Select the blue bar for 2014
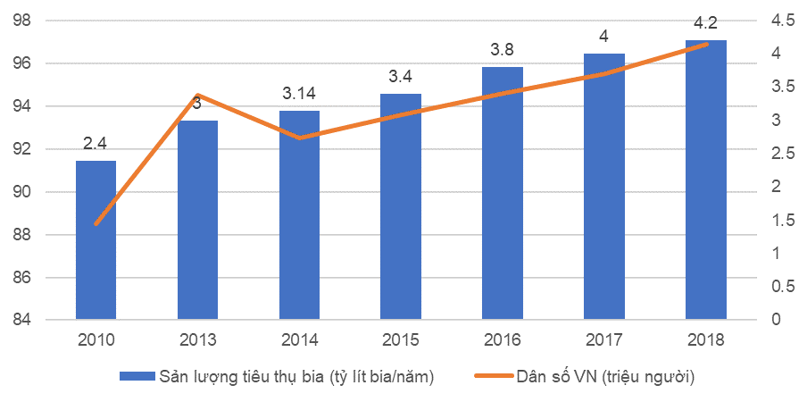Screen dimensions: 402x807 click(x=299, y=214)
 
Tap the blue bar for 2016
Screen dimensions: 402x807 click(x=503, y=193)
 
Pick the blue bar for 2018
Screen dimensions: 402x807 click(x=705, y=180)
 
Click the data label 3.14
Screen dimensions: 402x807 click(x=299, y=93)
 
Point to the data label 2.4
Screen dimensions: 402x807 click(x=96, y=143)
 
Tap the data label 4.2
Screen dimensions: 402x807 click(x=705, y=22)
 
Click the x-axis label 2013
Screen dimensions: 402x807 click(x=197, y=340)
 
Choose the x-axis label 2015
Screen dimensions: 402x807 click(x=401, y=340)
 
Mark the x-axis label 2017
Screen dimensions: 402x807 click(x=604, y=340)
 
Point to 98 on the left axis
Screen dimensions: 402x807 click(x=23, y=21)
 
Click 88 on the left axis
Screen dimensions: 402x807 click(x=23, y=235)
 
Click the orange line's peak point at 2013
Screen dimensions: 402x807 click(x=197, y=95)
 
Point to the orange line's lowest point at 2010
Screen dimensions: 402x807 click(x=96, y=223)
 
